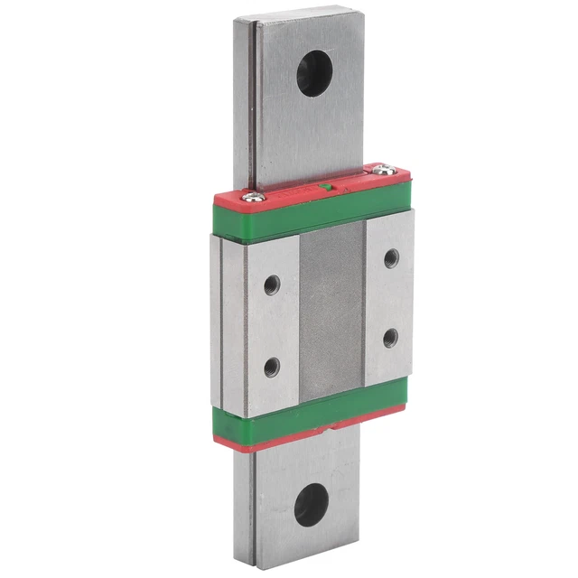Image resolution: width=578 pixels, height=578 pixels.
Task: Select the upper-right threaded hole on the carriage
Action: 391,258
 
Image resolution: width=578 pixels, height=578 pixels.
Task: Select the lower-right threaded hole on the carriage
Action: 390,338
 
